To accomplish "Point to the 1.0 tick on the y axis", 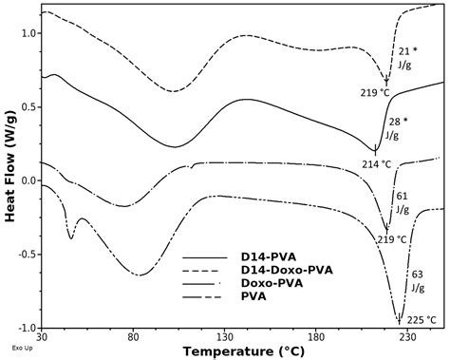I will [x=28, y=33].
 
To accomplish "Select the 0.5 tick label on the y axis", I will [x=28, y=106].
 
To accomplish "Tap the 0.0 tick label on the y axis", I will [x=28, y=180].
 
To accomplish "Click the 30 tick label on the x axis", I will [x=42, y=337].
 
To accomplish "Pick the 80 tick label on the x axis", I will [x=134, y=337].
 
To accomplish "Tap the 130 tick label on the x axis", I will [x=225, y=337].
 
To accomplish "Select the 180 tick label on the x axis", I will [x=316, y=337].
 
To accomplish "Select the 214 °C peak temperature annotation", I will [x=376, y=163].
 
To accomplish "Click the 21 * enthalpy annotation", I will [x=408, y=50].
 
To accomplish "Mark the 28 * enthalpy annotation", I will [x=399, y=122].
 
